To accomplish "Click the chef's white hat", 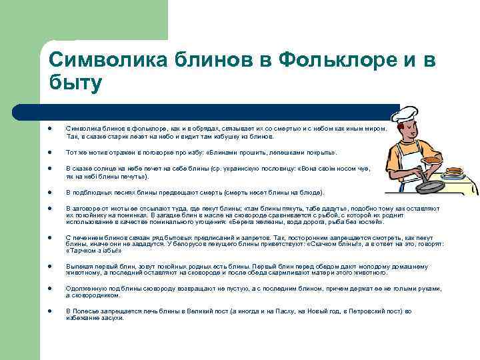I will pyautogui.click(x=403, y=115).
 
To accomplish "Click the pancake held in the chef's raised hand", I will pyautogui.click(x=432, y=159).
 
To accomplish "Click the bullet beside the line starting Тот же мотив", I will pyautogui.click(x=51, y=152).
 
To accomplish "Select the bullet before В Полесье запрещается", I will pyautogui.click(x=51, y=311).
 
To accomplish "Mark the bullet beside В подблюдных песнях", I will pyautogui.click(x=51, y=192).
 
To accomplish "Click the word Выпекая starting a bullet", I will pyautogui.click(x=78, y=266).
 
